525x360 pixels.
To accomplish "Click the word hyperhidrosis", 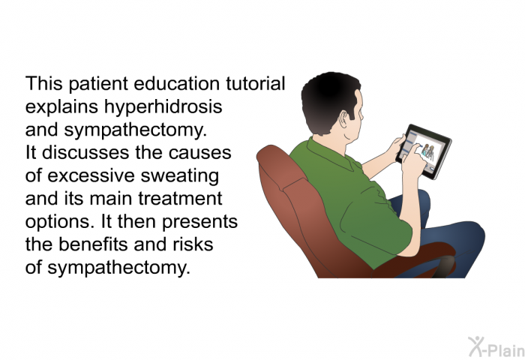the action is tap(163, 107).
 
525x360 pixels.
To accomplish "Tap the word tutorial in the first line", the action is tap(256, 83).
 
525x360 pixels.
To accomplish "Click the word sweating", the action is tap(180, 176).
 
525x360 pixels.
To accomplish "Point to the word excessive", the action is tap(91, 175).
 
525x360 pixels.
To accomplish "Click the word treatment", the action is tap(180, 199).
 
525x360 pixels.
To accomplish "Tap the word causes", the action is tap(200, 153).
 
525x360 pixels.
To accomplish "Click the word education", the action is tap(177, 83).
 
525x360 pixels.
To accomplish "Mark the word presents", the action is tap(199, 222).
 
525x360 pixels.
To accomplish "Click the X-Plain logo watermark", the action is tap(496, 346).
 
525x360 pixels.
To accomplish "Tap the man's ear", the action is tap(343, 119).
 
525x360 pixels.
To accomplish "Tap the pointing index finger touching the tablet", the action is tap(416, 148).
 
